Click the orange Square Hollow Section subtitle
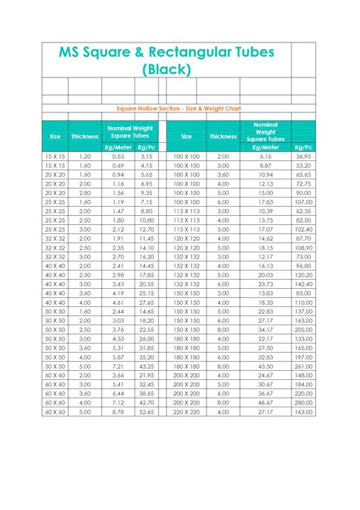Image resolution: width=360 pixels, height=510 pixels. pyautogui.click(x=180, y=109)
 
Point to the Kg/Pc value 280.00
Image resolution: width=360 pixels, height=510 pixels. pyautogui.click(x=304, y=402)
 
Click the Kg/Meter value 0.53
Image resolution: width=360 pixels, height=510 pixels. pyautogui.click(x=118, y=156)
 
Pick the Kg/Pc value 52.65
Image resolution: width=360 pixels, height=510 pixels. pyautogui.click(x=147, y=411)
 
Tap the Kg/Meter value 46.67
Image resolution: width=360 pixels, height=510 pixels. pyautogui.click(x=265, y=402)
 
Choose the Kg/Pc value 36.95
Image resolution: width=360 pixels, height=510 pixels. pyautogui.click(x=304, y=156)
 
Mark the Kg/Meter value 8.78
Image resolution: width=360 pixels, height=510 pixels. pyautogui.click(x=118, y=411)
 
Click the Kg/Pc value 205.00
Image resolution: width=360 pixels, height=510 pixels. pyautogui.click(x=304, y=329)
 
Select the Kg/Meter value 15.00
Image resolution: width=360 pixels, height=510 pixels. pyautogui.click(x=265, y=192)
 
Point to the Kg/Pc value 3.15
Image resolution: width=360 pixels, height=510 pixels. pyautogui.click(x=147, y=156)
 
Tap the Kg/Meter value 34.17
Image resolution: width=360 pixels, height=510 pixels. pyautogui.click(x=265, y=329)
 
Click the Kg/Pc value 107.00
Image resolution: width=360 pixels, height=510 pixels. pyautogui.click(x=304, y=201)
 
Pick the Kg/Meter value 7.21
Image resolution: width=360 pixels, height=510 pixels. pyautogui.click(x=118, y=366)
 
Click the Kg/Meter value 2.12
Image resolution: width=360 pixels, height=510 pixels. pyautogui.click(x=118, y=229)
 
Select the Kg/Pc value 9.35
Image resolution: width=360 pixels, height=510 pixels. pyautogui.click(x=147, y=192)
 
